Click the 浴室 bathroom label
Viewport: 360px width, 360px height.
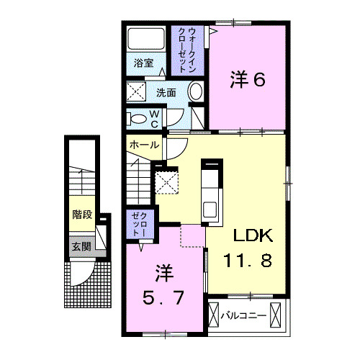[x=144, y=63]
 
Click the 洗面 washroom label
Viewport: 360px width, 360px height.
[x=166, y=91]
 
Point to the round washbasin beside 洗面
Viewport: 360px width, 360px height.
[x=194, y=91]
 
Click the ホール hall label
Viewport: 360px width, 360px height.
[x=143, y=145]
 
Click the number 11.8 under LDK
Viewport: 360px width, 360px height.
[x=247, y=261]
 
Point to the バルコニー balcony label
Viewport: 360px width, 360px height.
[x=243, y=315]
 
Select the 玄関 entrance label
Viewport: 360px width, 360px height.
[x=81, y=246]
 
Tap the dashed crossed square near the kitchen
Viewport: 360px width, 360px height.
[x=167, y=181]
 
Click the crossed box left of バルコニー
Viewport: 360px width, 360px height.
[x=213, y=315]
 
